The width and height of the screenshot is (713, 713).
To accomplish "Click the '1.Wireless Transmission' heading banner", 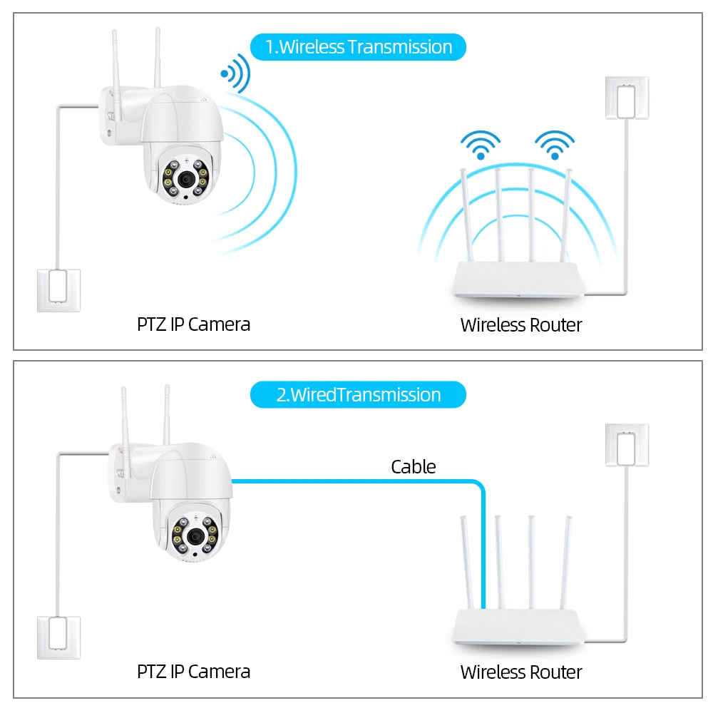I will click(x=358, y=47).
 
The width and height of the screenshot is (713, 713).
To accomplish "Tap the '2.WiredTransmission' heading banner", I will click(x=358, y=394).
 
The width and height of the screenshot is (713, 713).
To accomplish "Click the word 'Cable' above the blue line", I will click(x=413, y=467).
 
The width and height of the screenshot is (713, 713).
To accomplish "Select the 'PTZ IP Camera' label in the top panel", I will click(x=193, y=324).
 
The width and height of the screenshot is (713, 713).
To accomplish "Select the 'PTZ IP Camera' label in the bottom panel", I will click(x=193, y=671).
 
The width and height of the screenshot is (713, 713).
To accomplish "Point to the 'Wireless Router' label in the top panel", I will click(x=521, y=325).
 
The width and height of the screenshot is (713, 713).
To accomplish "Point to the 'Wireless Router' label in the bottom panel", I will click(x=521, y=672).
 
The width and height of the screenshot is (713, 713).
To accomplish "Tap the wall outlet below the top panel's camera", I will click(x=59, y=289).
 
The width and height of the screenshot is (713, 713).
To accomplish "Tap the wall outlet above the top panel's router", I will click(x=627, y=98).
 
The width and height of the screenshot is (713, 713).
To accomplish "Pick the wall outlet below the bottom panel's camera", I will click(x=59, y=637).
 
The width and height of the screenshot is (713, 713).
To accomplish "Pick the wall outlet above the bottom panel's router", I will click(x=627, y=446).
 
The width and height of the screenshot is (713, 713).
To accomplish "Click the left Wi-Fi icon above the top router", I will click(x=481, y=145).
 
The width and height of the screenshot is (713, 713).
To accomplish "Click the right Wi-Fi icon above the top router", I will click(x=554, y=145).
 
